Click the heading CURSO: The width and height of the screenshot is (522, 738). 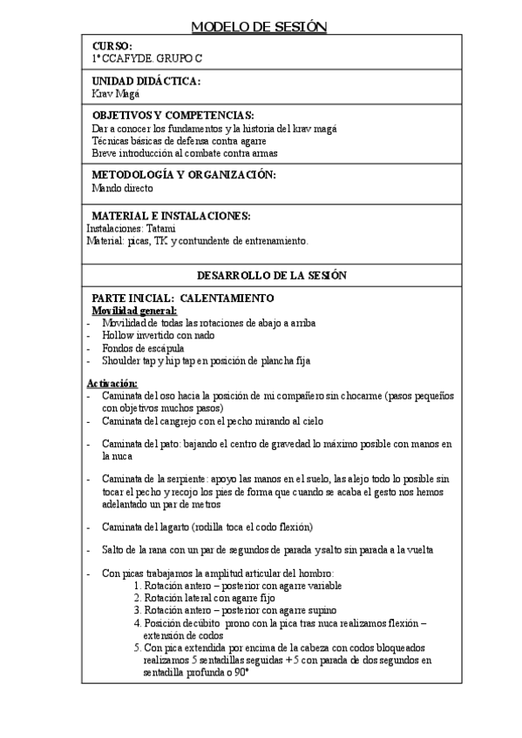(x=112, y=45)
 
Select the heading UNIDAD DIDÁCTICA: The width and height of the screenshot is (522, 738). (x=146, y=81)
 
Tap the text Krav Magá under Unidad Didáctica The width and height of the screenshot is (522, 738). (x=114, y=93)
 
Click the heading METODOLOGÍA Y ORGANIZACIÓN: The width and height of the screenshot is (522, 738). (x=183, y=175)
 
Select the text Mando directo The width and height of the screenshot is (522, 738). (x=122, y=187)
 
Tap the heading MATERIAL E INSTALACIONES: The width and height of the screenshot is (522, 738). (x=171, y=216)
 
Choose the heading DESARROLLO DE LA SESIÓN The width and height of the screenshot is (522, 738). (x=272, y=275)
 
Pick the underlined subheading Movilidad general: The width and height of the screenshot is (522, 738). (x=134, y=311)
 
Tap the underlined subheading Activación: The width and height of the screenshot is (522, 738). (x=112, y=383)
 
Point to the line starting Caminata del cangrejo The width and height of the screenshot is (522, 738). (x=211, y=421)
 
